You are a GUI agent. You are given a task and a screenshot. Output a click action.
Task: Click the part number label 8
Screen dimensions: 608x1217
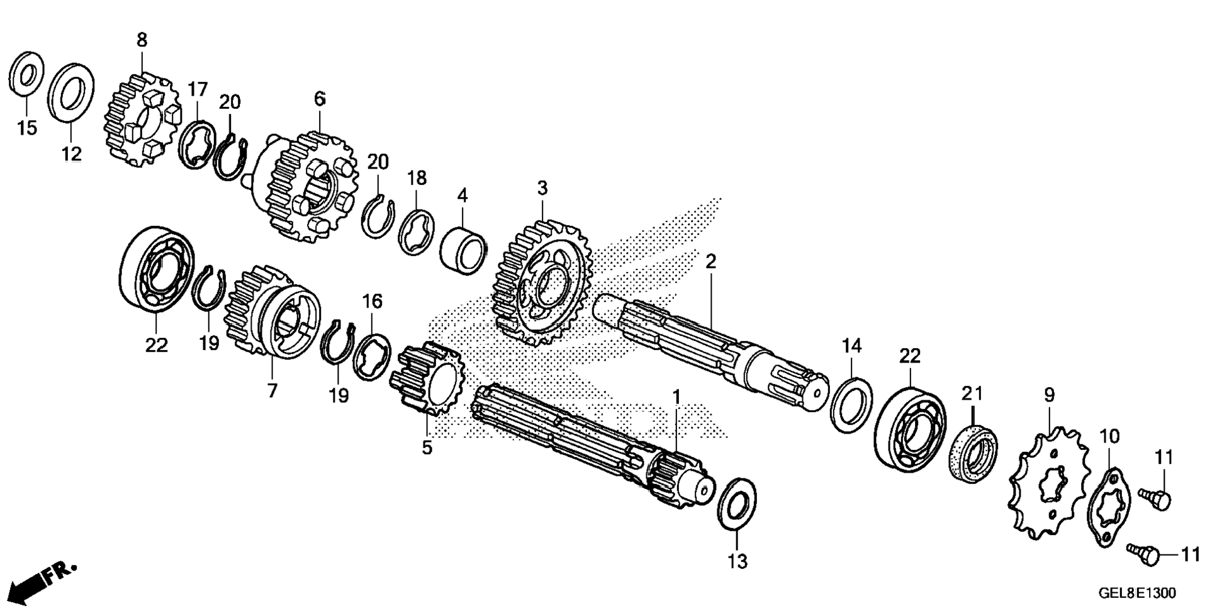pos(142,40)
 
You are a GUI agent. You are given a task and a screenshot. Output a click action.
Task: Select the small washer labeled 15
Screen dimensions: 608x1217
pos(26,76)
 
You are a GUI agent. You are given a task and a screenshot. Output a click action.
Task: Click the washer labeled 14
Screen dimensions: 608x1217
pos(851,405)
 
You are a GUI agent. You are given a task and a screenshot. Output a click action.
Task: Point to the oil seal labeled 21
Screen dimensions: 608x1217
pos(973,454)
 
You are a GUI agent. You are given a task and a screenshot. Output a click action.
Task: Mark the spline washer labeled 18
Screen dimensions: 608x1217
pos(417,233)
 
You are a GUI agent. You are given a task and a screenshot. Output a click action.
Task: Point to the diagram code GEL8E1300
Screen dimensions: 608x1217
pos(1136,593)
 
